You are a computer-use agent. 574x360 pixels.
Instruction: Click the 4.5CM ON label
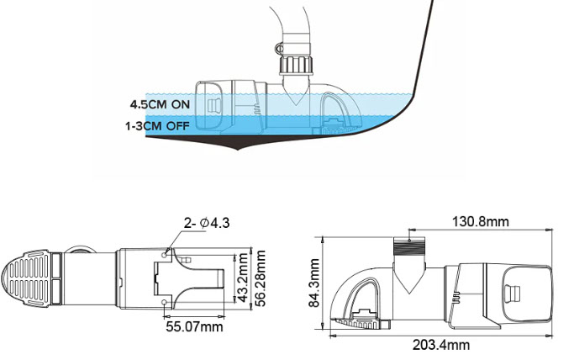161,104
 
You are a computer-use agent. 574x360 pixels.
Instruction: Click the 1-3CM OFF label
157,126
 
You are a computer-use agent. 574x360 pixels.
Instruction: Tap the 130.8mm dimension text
480,221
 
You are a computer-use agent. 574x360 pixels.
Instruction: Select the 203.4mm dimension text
441,345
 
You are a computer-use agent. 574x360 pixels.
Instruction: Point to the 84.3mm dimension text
315,283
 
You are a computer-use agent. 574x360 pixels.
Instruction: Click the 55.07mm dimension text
194,326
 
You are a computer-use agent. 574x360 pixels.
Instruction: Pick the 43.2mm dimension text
242,278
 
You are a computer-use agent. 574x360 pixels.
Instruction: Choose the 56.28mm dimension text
260,278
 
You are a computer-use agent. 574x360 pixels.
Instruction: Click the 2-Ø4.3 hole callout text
207,223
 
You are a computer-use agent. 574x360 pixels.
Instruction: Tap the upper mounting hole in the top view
165,254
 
